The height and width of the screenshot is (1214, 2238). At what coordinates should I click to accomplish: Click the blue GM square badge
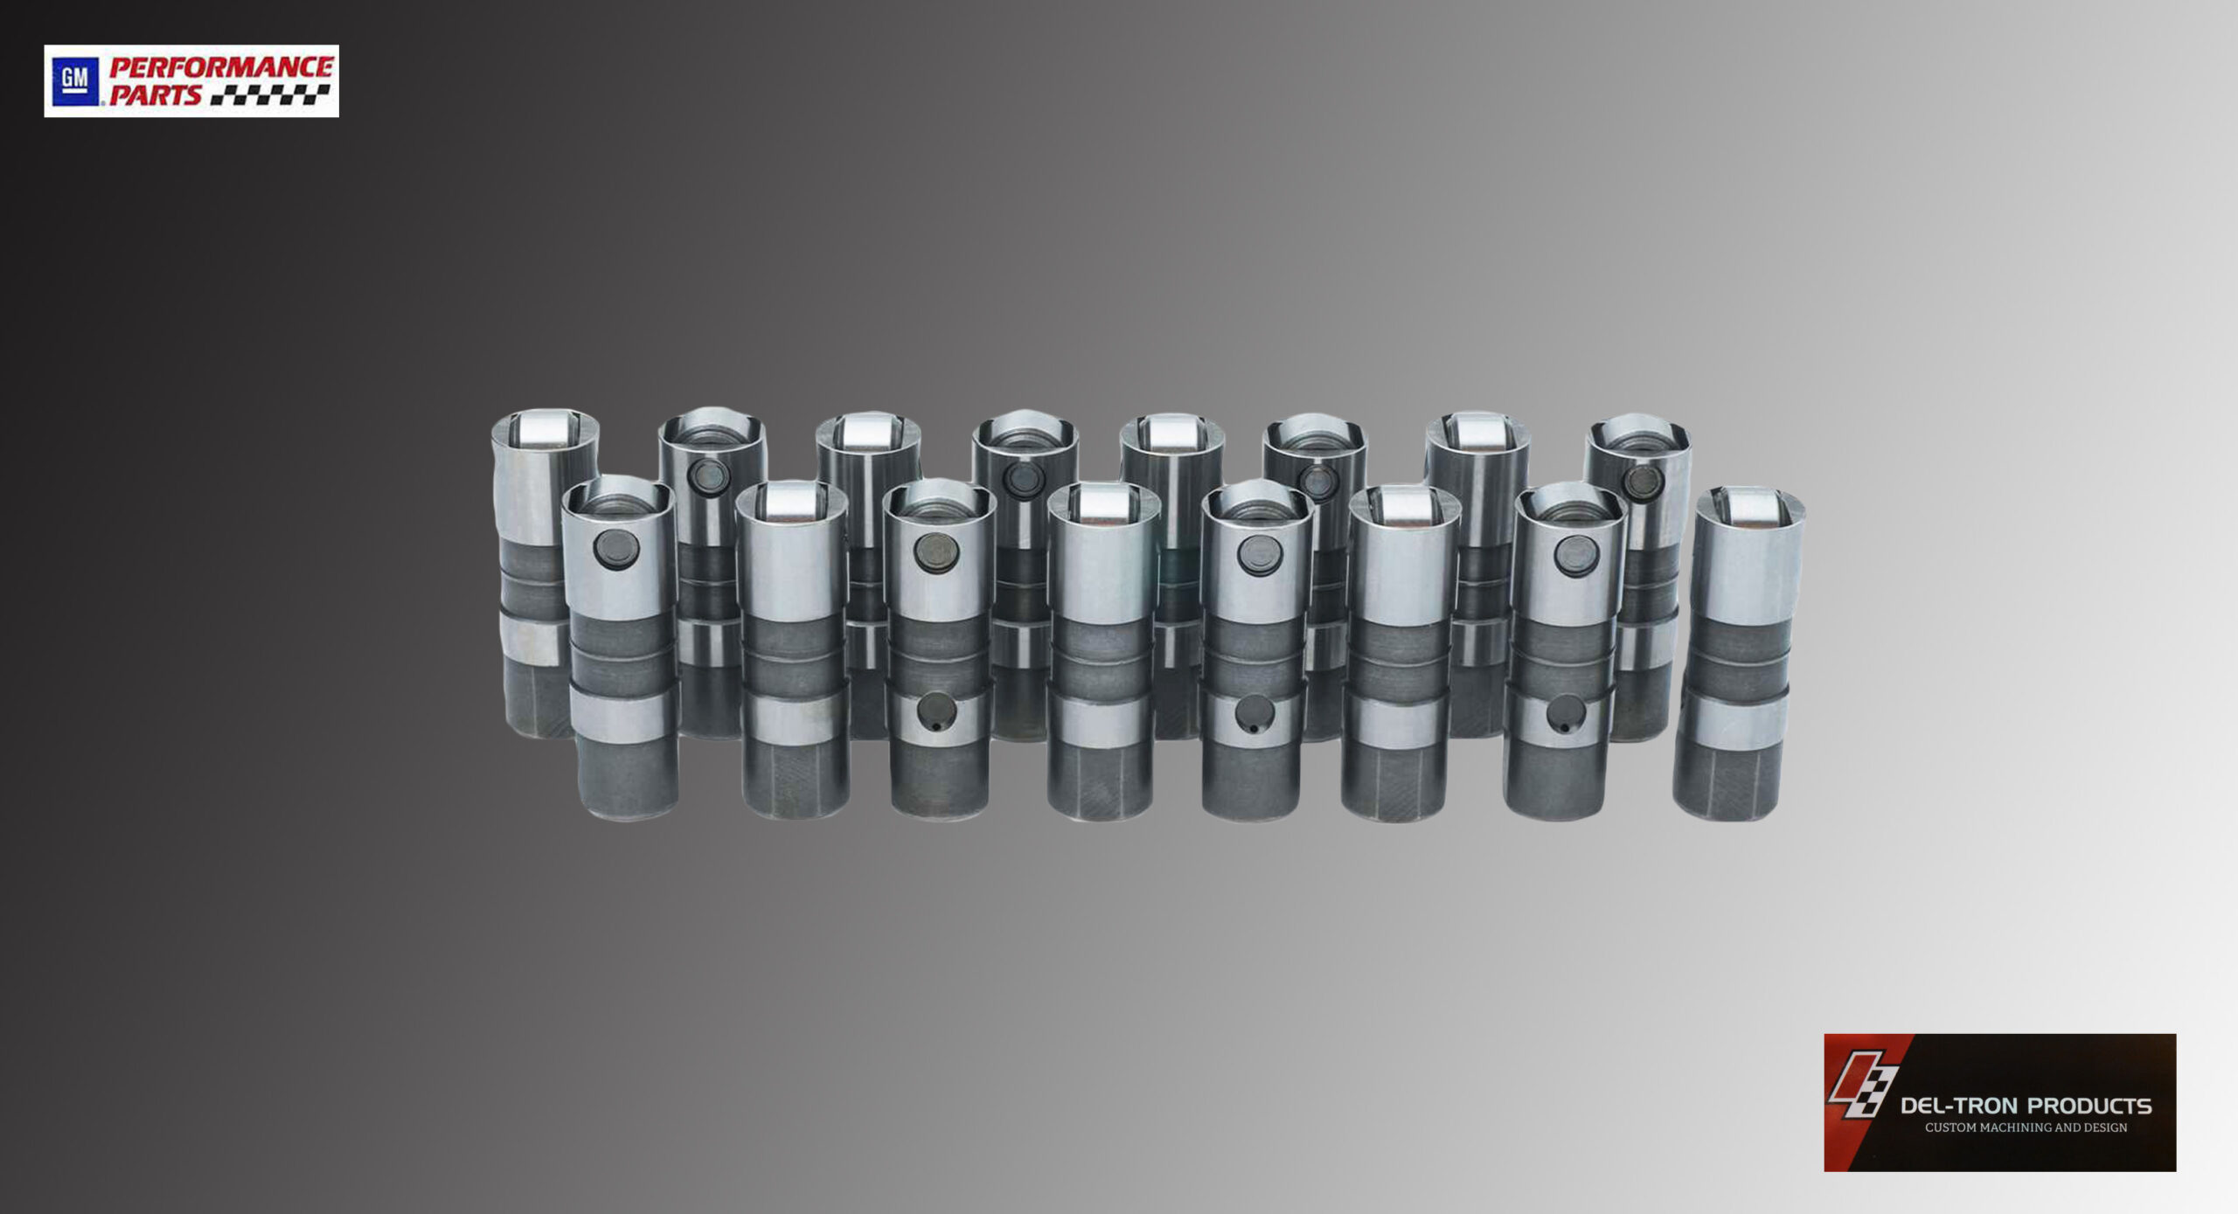pos(74,81)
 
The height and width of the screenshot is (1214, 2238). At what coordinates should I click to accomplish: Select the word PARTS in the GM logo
pos(156,95)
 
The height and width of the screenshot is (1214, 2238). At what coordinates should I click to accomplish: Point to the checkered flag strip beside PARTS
pos(270,95)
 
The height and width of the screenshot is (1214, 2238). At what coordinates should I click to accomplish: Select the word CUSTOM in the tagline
pos(1954,1127)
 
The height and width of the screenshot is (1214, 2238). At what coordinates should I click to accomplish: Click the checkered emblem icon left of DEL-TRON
pos(1862,1088)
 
